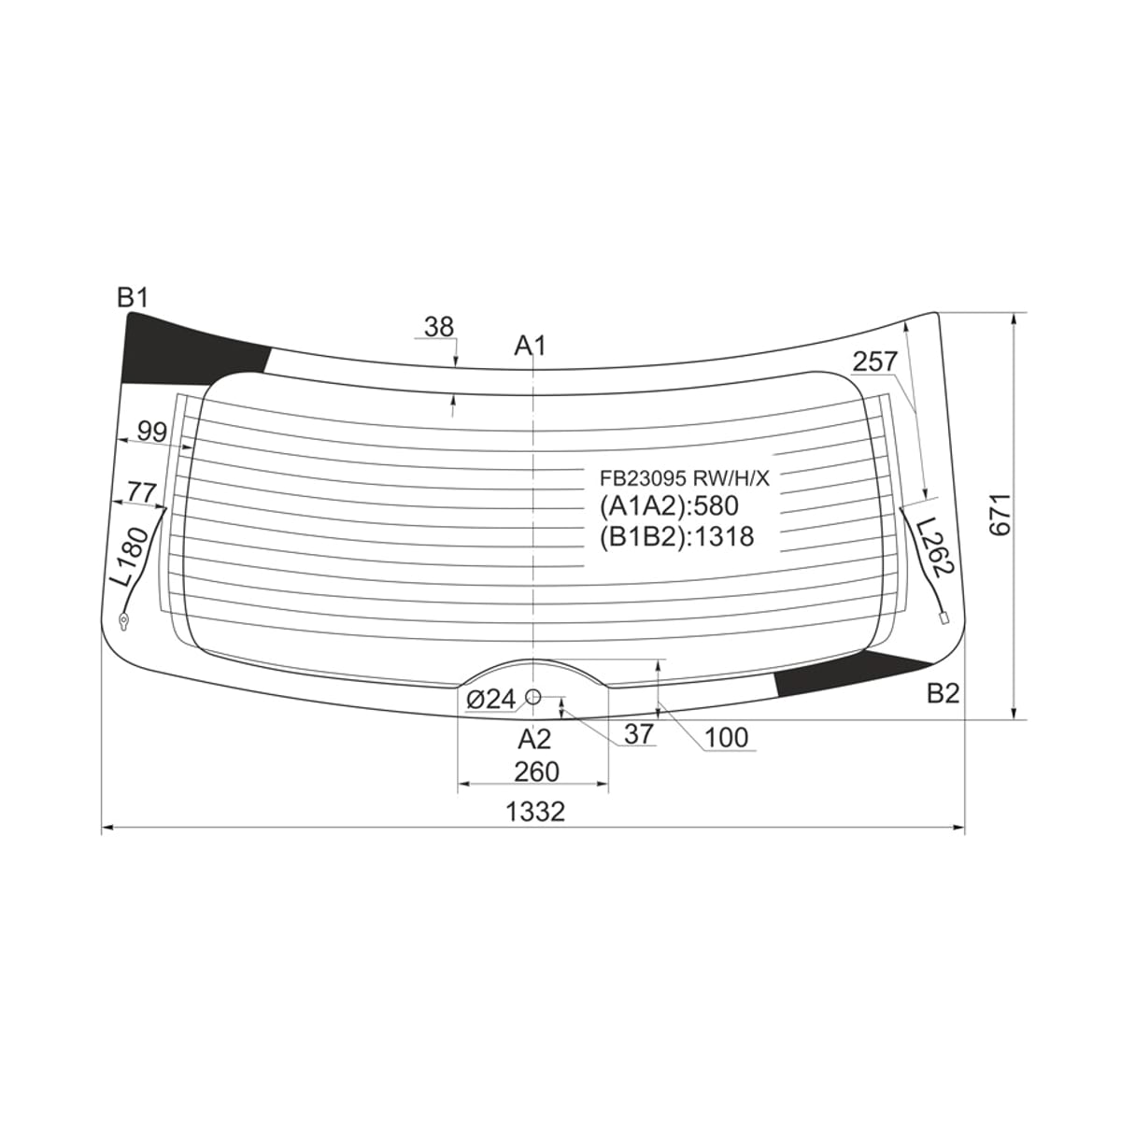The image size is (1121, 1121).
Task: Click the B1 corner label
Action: (134, 298)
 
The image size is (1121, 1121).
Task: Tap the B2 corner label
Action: (943, 693)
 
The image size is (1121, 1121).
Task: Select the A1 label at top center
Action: (531, 347)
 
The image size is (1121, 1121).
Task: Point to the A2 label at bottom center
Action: (534, 739)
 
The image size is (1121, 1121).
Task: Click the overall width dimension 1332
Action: (535, 811)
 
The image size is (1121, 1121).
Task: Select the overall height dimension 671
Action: (1000, 516)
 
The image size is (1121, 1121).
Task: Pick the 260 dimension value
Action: (536, 772)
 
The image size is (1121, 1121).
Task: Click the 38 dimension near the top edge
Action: (439, 327)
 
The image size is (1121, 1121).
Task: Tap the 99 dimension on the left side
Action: (152, 432)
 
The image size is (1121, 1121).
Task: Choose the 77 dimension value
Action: (143, 493)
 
